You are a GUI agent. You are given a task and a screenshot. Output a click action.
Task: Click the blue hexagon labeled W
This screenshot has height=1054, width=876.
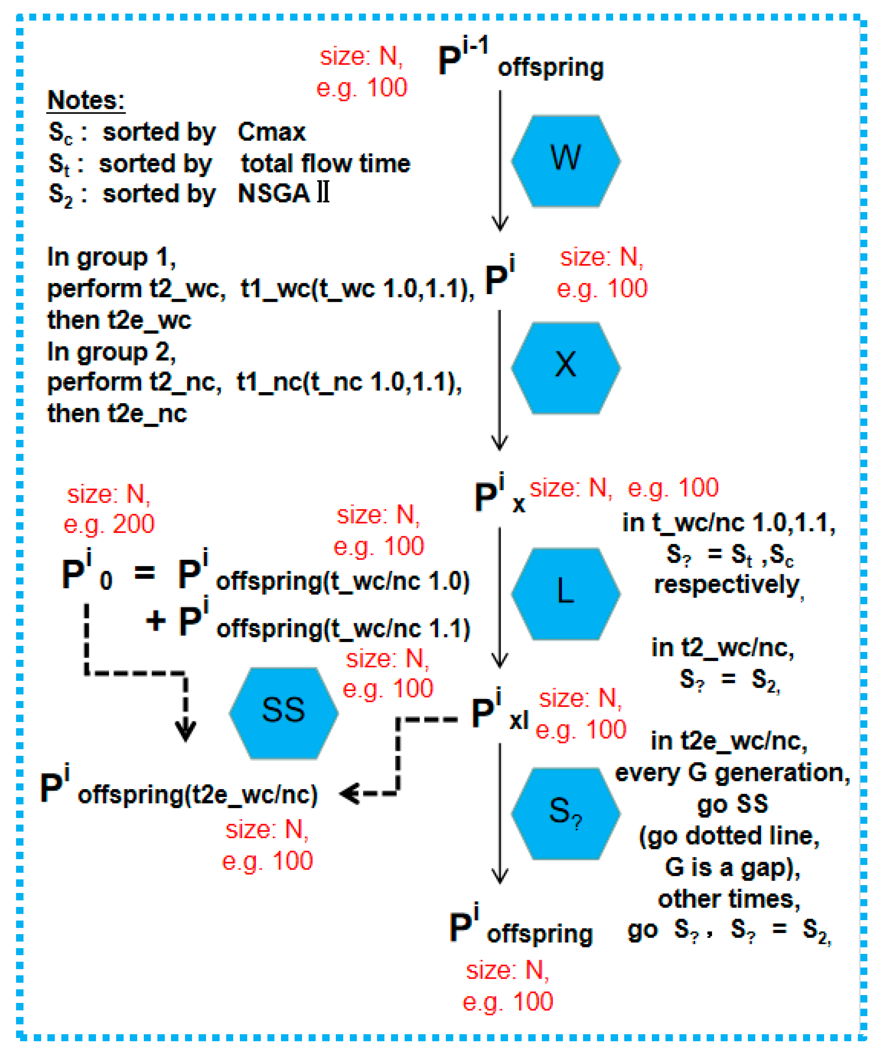click(566, 161)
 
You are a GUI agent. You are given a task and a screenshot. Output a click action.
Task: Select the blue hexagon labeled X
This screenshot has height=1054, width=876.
click(566, 367)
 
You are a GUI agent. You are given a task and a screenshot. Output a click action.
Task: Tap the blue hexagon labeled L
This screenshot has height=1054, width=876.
click(566, 593)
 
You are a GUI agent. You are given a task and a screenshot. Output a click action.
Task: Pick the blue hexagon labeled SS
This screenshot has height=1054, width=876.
click(283, 713)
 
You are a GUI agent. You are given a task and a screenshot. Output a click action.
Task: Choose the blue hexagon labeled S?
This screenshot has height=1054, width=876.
click(566, 813)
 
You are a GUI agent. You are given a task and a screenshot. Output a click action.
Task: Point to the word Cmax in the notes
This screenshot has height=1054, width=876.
click(271, 132)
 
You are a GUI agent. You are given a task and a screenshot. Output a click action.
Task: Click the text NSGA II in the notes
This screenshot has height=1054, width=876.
click(283, 193)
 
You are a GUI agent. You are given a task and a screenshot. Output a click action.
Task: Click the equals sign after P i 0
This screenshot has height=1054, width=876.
click(145, 572)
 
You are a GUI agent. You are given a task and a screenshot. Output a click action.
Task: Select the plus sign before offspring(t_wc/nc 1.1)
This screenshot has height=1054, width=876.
click(156, 621)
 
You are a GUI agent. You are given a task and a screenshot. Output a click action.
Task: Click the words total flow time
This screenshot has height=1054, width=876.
click(325, 164)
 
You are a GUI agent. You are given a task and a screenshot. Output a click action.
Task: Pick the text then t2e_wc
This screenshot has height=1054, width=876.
click(119, 320)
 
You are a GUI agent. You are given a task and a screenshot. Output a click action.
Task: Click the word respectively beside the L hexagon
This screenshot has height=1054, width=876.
click(726, 585)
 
